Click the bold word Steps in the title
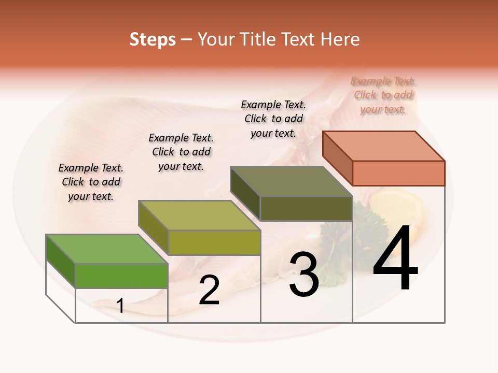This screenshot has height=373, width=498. (x=153, y=39)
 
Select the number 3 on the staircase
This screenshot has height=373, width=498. (x=303, y=275)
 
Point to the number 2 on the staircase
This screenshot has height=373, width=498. (x=209, y=291)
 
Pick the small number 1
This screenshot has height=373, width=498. (x=120, y=306)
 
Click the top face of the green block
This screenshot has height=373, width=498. (x=107, y=249)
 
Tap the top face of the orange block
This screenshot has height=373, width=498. (x=384, y=146)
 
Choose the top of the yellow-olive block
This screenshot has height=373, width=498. (x=199, y=215)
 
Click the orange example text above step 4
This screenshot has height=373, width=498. (x=383, y=95)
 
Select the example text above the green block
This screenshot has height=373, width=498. (x=91, y=182)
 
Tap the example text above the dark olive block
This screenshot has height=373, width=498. (x=273, y=119)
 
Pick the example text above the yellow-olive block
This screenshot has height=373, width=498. (x=181, y=152)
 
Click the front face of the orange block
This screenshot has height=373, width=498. (x=398, y=173)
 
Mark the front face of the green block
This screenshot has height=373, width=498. (x=121, y=276)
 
